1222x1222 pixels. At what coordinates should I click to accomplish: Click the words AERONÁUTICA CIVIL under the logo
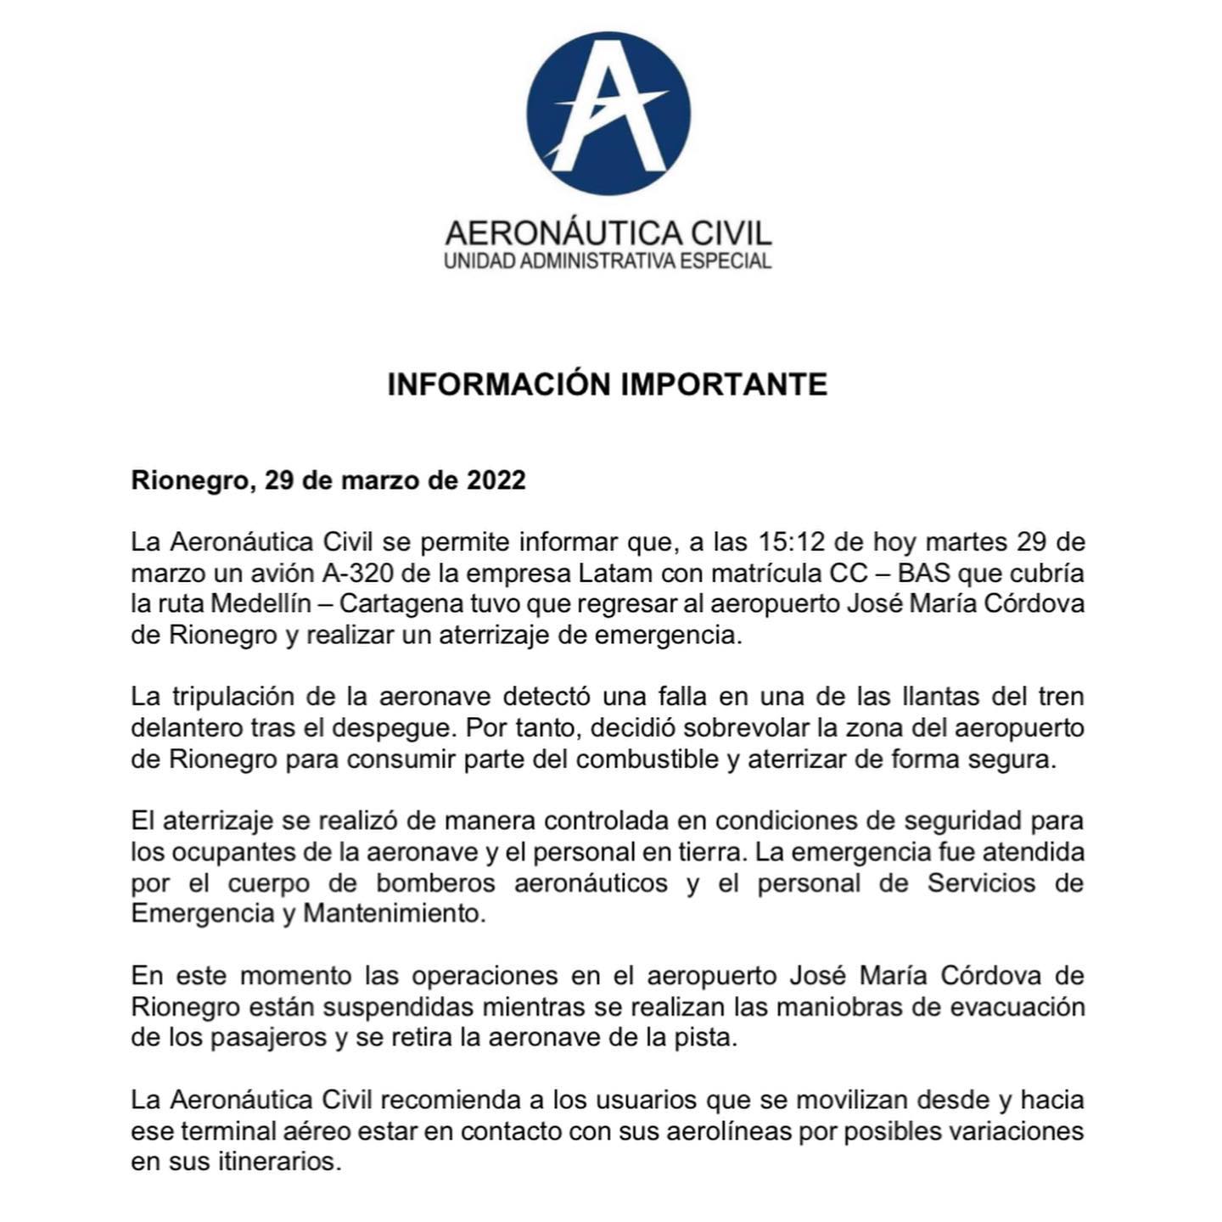pos(608,233)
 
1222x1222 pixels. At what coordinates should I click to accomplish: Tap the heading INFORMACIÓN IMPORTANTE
pos(608,384)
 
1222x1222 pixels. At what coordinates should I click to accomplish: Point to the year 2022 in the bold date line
pos(496,480)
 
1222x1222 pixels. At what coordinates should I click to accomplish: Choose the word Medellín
pos(263,604)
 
